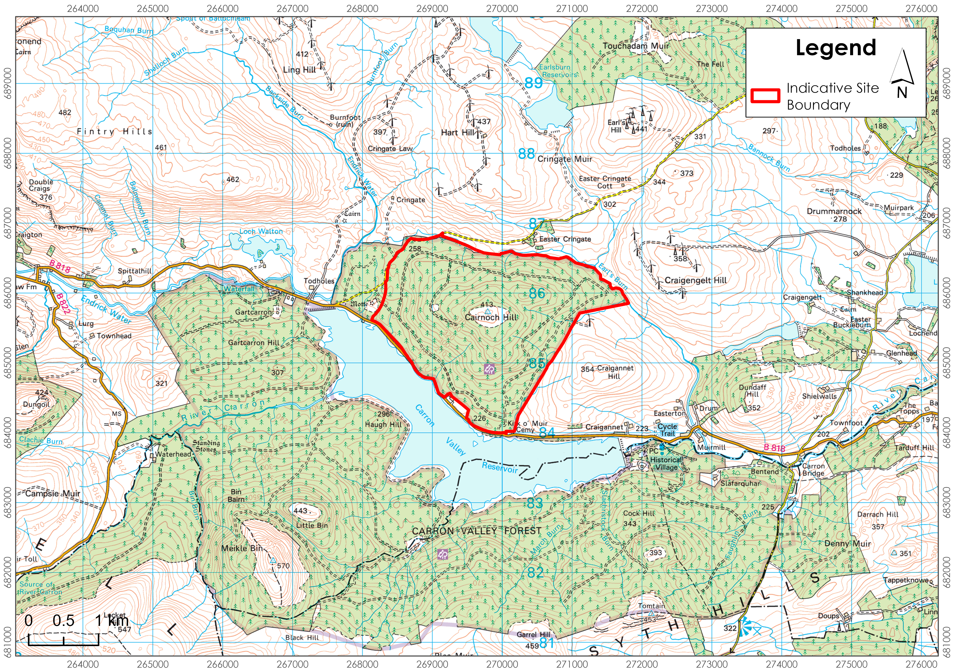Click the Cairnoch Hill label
click(x=491, y=317)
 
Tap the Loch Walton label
click(x=261, y=231)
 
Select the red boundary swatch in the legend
click(x=765, y=96)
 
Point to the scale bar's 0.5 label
click(x=64, y=621)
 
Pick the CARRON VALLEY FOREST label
click(x=477, y=531)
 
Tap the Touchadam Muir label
click(x=636, y=46)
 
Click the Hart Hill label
click(x=457, y=132)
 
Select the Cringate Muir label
click(x=565, y=159)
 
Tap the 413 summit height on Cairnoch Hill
click(x=487, y=304)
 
